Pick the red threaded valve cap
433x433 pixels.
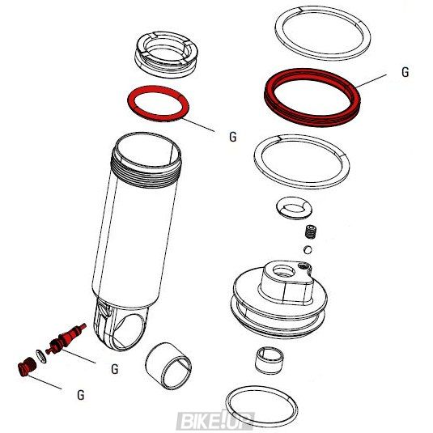coord(23,369)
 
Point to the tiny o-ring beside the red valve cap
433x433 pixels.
coord(36,358)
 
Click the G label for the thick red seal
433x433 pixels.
coord(405,72)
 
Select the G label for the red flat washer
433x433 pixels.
coord(232,138)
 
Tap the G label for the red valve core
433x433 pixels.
coord(115,370)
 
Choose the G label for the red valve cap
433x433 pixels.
coord(80,395)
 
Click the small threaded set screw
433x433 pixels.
coord(311,231)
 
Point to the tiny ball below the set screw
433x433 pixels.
coord(308,248)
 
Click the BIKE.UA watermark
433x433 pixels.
coord(214,419)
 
